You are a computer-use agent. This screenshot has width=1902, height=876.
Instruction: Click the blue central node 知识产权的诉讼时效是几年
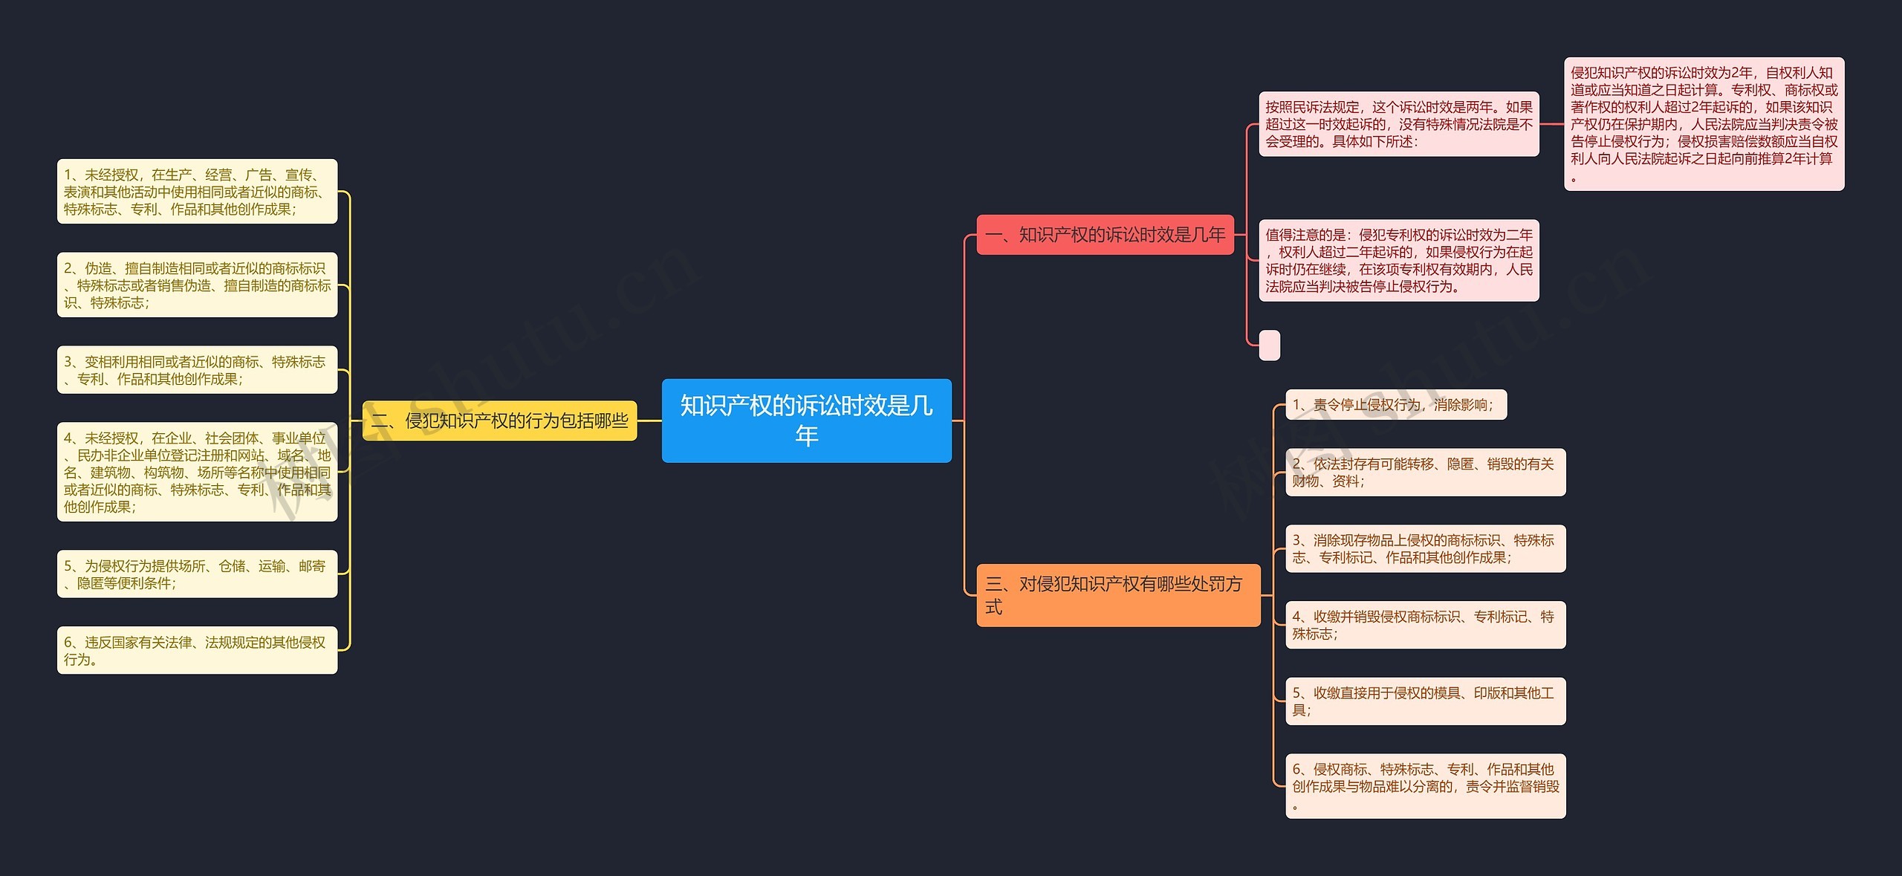tap(806, 421)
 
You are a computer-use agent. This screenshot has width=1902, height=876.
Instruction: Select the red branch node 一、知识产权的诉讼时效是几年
tap(1105, 235)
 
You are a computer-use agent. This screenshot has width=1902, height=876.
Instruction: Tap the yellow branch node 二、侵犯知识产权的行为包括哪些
tap(499, 421)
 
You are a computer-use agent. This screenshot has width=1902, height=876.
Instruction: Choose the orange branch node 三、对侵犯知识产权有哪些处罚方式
tap(1117, 595)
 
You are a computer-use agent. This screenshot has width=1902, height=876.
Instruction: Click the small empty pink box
tap(1269, 345)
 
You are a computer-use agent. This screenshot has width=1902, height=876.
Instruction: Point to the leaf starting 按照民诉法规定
tap(1398, 124)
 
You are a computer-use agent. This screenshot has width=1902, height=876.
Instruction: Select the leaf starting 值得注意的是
tap(1398, 261)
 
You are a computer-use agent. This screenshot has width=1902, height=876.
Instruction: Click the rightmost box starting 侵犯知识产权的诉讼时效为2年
tap(1704, 124)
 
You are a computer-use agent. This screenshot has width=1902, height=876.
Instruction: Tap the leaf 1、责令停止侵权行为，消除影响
tap(1395, 405)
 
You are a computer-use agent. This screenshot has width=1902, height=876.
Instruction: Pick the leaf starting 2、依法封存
tap(1425, 473)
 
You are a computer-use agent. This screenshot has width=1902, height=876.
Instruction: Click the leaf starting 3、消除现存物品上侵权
tap(1425, 549)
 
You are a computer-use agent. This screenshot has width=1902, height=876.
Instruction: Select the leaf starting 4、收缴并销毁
tap(1425, 625)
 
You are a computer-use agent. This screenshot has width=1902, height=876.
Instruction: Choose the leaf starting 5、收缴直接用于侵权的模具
tap(1425, 701)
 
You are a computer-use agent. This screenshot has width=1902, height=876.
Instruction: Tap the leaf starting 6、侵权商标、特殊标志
tap(1425, 786)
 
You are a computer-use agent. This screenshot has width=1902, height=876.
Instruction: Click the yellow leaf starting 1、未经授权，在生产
tap(197, 192)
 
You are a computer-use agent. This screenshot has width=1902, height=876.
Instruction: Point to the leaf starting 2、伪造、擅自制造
tap(197, 285)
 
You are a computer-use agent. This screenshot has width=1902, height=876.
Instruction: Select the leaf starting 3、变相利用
tap(197, 370)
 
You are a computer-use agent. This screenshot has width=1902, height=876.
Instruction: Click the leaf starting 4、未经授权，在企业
tap(197, 472)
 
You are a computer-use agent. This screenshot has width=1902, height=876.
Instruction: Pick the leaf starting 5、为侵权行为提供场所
tap(197, 574)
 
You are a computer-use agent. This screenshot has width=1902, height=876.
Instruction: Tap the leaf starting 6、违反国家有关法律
tap(197, 651)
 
